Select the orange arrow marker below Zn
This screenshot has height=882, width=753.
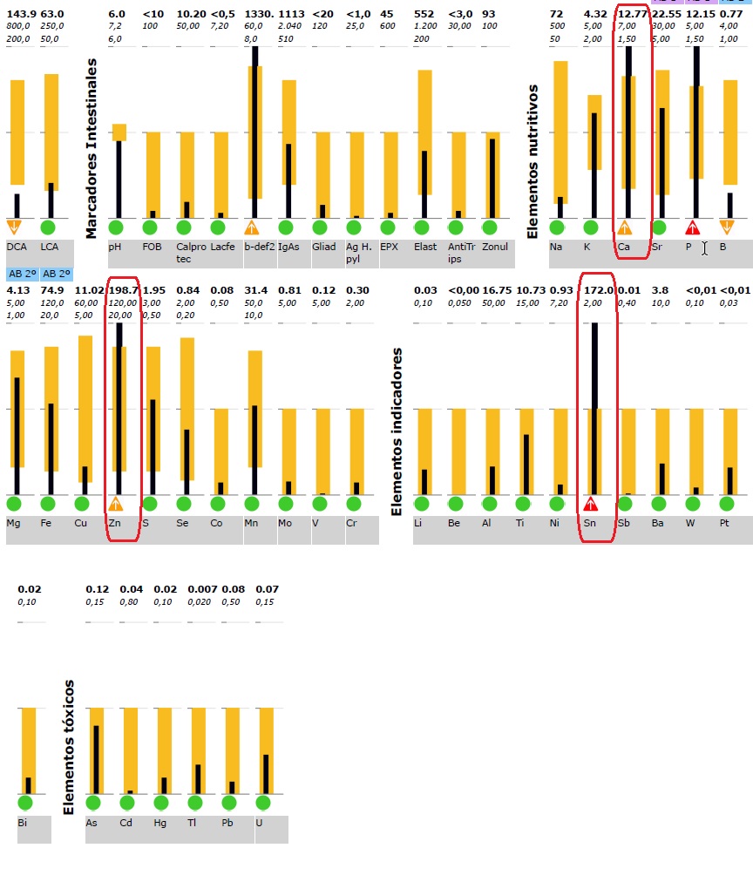point(116,504)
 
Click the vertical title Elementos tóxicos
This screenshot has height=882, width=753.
point(70,748)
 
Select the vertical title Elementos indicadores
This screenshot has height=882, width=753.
point(397,432)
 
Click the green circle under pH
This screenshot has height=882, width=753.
point(116,228)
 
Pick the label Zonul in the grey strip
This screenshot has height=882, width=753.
point(495,247)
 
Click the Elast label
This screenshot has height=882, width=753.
point(425,247)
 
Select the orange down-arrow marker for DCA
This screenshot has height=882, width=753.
point(14,227)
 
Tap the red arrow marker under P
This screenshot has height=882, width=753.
point(693,227)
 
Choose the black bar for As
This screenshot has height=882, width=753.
point(96,759)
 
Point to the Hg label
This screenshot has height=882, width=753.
point(159,823)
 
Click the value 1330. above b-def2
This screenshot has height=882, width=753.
point(259,15)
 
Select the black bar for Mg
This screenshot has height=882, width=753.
point(17,436)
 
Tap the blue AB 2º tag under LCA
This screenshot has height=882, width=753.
point(56,274)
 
